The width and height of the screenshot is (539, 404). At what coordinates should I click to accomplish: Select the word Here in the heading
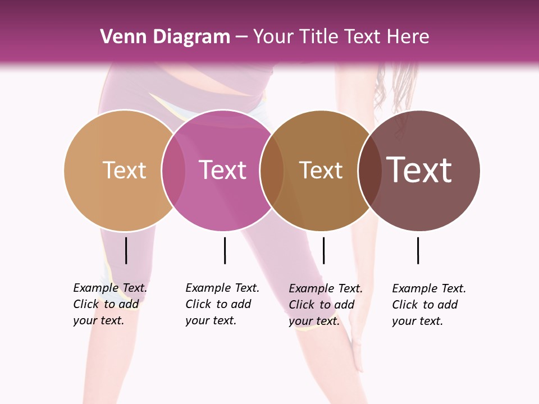pos(409,37)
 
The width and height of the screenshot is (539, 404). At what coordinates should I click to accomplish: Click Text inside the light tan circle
pos(124,170)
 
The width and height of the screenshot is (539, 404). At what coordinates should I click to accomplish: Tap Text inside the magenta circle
pos(223,170)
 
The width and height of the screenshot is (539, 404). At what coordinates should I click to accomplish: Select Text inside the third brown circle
pos(321,170)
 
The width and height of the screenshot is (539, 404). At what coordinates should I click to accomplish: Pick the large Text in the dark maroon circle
pos(419,170)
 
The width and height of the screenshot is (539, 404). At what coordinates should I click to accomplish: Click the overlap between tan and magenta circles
pos(173,170)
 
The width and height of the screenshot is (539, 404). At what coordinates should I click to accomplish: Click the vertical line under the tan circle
pos(126,250)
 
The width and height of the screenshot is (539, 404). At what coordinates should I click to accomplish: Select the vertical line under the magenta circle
pos(225,250)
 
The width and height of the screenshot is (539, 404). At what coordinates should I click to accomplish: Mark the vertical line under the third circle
pos(323,250)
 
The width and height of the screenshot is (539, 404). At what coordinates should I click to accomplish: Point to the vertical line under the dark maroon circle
pos(418,250)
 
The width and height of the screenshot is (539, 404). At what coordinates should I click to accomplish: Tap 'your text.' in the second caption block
pos(211,320)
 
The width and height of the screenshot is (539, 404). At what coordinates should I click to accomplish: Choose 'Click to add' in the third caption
pos(322,305)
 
